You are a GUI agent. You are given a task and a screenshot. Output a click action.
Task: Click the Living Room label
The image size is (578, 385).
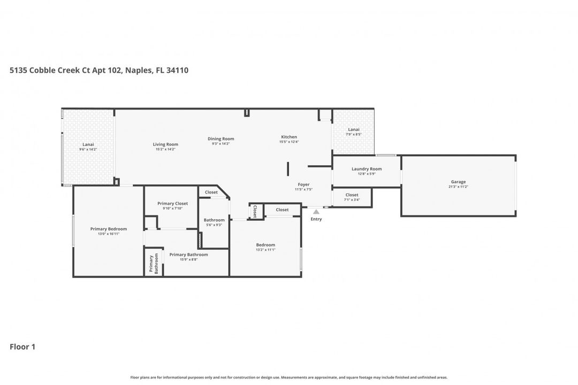coord(165,144)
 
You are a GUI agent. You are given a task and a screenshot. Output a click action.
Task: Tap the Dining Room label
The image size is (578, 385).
coord(220,139)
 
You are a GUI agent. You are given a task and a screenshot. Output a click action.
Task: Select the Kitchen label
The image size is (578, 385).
coord(288,137)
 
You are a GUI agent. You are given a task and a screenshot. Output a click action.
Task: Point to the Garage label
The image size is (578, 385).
coord(458,182)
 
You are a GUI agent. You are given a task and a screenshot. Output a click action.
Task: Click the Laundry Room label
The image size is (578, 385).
coord(367,169)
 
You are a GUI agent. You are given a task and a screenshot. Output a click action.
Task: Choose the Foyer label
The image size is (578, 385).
coord(303,184)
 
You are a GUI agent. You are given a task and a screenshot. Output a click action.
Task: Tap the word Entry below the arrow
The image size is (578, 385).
coord(316,219)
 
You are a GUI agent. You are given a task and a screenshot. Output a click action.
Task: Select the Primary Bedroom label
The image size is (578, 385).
coord(109,229)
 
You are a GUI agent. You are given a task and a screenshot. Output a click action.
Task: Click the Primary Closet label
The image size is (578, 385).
coord(172,204)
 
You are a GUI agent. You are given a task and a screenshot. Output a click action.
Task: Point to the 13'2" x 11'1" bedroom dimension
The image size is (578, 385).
coord(265,250)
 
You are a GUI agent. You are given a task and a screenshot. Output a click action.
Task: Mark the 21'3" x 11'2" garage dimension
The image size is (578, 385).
coord(458,187)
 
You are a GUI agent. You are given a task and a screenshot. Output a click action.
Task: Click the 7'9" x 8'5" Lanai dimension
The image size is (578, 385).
coord(353,134)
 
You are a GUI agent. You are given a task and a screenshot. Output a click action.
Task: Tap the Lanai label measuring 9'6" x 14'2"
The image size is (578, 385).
coord(88,144)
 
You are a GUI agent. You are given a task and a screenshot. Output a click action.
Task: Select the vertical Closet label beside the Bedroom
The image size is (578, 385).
coord(255,212)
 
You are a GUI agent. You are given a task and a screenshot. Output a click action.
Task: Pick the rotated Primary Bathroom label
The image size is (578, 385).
coord(154,264)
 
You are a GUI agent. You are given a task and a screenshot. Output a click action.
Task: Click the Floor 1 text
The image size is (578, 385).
coord(22,347)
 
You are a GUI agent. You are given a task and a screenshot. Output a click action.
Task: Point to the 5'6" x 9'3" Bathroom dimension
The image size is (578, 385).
coord(214,225)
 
